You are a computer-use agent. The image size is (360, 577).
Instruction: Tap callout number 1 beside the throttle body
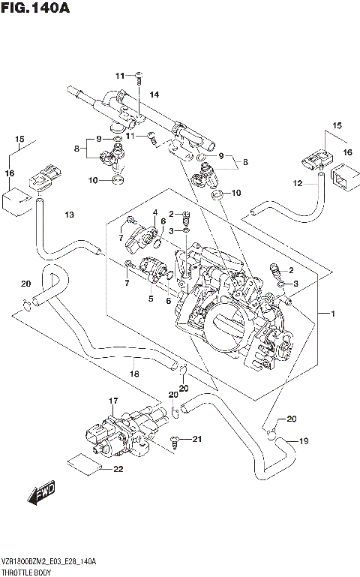click(324, 313)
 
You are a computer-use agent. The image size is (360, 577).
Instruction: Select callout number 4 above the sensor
click(155, 212)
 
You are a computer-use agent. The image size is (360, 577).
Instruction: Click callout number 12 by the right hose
click(298, 183)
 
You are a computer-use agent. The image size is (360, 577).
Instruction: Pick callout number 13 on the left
click(69, 215)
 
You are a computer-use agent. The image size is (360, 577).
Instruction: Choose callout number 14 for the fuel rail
click(154, 95)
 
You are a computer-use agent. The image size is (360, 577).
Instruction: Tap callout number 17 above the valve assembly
click(114, 401)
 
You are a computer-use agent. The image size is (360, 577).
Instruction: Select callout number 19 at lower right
click(304, 441)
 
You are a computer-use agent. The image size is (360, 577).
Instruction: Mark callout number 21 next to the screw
click(197, 439)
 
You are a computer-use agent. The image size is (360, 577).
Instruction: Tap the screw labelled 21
click(176, 440)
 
